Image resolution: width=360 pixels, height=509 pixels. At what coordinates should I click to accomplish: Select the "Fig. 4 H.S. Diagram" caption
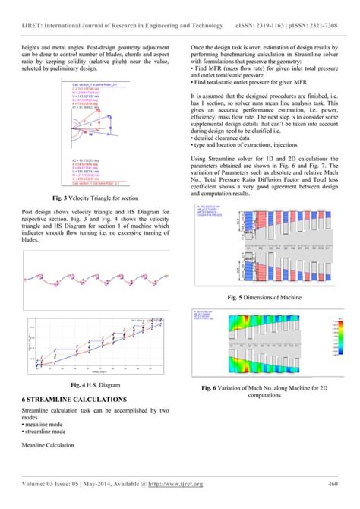coord(90,385)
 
